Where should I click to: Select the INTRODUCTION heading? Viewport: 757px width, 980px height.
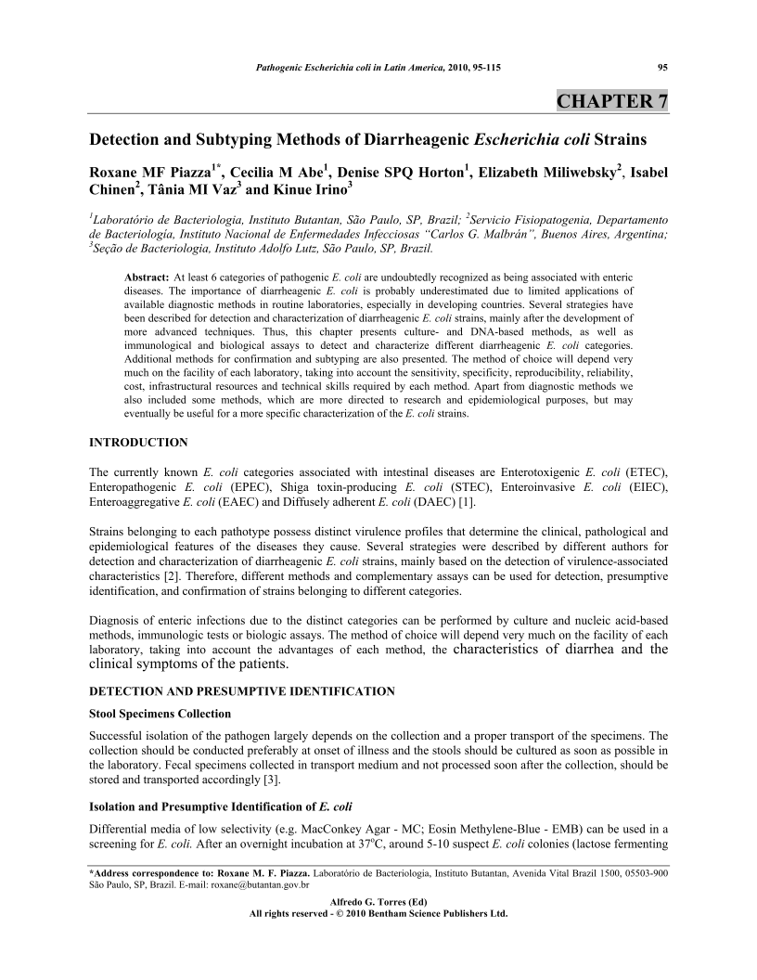pos(138,442)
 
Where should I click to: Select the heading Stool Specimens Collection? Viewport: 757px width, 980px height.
pos(160,714)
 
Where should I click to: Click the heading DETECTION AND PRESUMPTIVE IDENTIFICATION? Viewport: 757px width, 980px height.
pos(241,691)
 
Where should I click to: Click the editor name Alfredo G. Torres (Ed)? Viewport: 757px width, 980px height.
pos(378,902)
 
